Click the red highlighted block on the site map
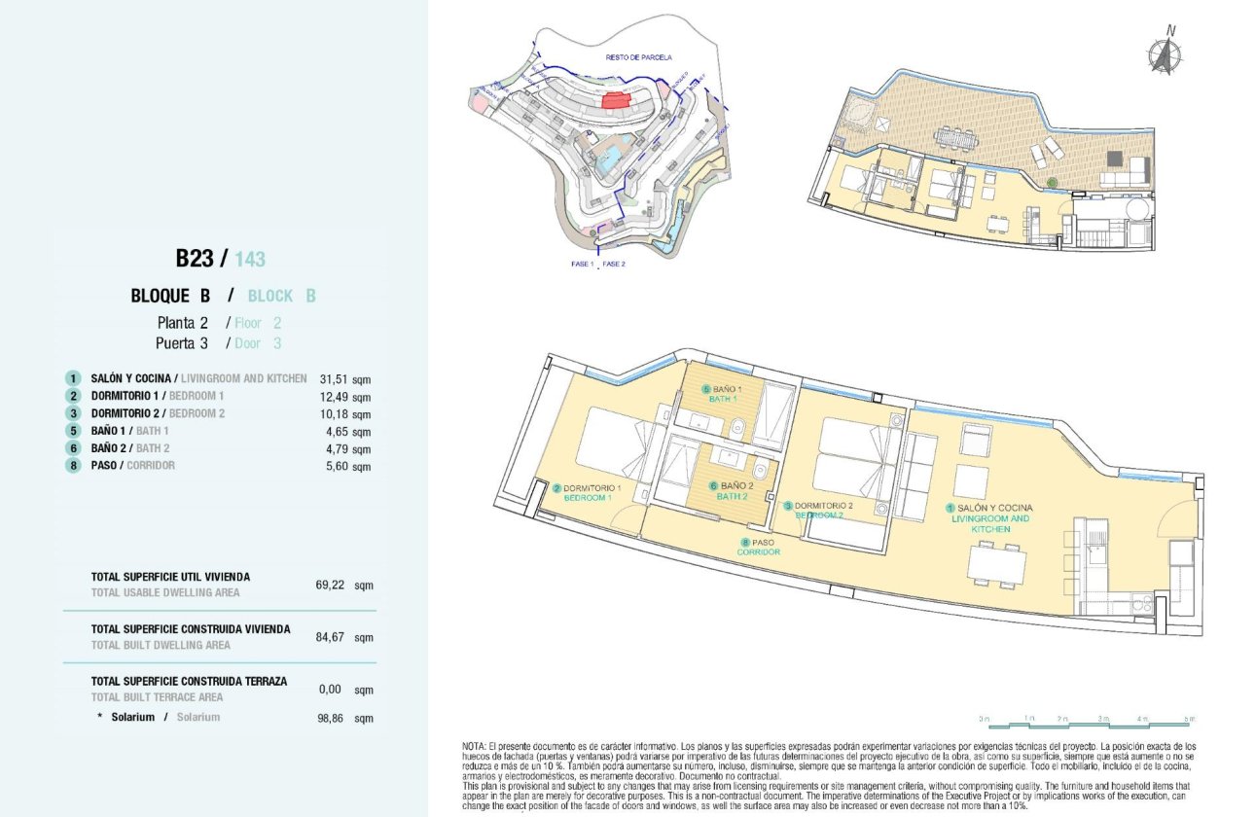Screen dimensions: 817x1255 pyautogui.click(x=616, y=99)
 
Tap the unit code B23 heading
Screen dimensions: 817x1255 pyautogui.click(x=195, y=259)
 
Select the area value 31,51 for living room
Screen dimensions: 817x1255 pyautogui.click(x=333, y=379)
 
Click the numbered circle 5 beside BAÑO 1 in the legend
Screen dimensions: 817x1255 pyautogui.click(x=72, y=431)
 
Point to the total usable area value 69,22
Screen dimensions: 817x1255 pyautogui.click(x=333, y=586)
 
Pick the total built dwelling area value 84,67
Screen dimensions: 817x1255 pyautogui.click(x=333, y=638)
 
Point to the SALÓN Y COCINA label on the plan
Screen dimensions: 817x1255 pyautogui.click(x=993, y=508)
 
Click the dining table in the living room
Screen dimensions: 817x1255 pyautogui.click(x=996, y=564)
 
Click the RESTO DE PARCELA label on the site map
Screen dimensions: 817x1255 pyautogui.click(x=638, y=57)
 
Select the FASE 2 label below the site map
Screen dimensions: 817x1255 pyautogui.click(x=614, y=264)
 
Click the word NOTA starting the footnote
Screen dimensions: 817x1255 pyautogui.click(x=475, y=745)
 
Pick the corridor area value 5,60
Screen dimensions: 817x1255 pyautogui.click(x=333, y=467)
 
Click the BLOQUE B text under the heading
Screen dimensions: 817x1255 pyautogui.click(x=171, y=296)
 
